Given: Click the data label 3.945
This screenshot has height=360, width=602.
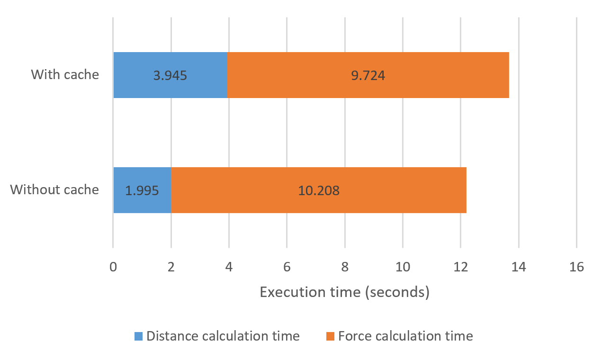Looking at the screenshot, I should pyautogui.click(x=170, y=75).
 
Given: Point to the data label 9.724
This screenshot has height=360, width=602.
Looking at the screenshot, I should pyautogui.click(x=368, y=75).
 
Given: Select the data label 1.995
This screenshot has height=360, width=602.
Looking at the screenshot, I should pyautogui.click(x=142, y=190).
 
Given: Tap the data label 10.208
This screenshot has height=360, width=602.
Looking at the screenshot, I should pyautogui.click(x=318, y=190).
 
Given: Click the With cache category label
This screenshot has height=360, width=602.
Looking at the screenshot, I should pyautogui.click(x=65, y=75).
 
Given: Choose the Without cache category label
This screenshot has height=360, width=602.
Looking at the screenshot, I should pyautogui.click(x=54, y=190).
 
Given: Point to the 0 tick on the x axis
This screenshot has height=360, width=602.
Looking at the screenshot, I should pyautogui.click(x=113, y=267).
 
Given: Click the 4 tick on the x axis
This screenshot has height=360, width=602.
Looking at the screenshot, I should pyautogui.click(x=229, y=267).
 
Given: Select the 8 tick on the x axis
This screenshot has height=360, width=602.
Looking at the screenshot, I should pyautogui.click(x=345, y=267).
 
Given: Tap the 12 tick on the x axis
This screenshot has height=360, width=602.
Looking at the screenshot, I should pyautogui.click(x=460, y=267).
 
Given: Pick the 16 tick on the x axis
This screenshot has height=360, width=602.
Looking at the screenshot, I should pyautogui.click(x=576, y=267).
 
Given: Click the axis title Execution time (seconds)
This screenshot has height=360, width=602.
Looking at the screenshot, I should pyautogui.click(x=344, y=292).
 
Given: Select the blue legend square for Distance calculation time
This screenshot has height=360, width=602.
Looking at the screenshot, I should pyautogui.click(x=138, y=336).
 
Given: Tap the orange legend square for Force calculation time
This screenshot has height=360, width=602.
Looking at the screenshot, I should pyautogui.click(x=330, y=336).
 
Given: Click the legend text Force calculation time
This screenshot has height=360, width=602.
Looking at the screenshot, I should pyautogui.click(x=405, y=336).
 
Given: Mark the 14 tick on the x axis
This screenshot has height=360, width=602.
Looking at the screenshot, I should pyautogui.click(x=519, y=267).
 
